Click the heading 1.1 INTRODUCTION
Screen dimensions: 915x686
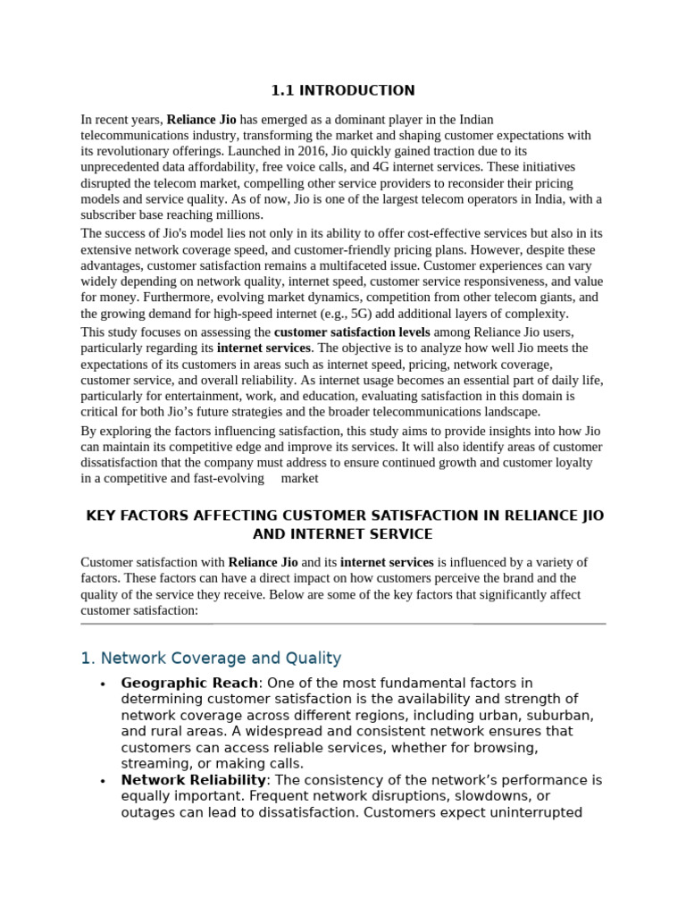(343, 90)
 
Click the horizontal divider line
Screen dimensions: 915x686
(343, 624)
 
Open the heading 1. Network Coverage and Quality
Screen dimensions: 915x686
(211, 659)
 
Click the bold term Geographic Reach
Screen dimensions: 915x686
(188, 684)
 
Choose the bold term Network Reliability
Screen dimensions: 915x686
(193, 780)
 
